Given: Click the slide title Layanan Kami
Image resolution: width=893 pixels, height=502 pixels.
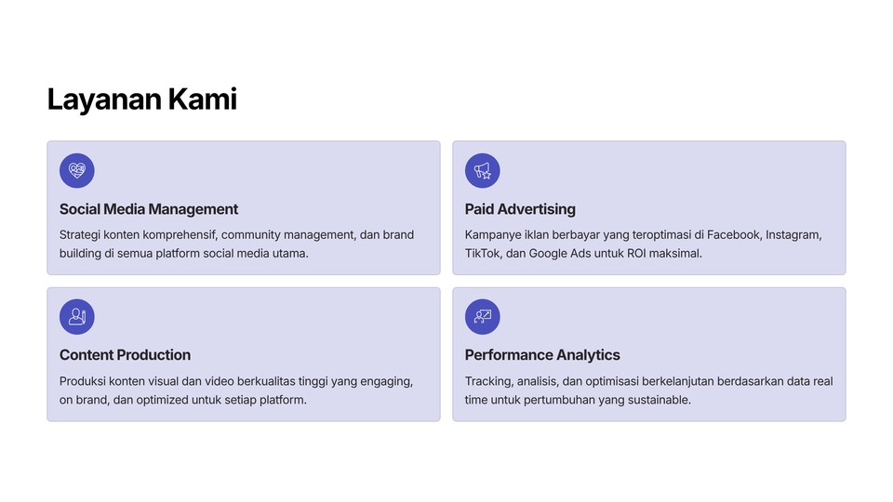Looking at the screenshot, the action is point(141,99).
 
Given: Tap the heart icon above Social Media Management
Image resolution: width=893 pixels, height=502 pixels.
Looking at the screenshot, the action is point(77,170).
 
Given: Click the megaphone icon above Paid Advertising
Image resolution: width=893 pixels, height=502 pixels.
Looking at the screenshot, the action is point(483,170).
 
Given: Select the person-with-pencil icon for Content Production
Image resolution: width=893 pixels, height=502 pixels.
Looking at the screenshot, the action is point(77,316).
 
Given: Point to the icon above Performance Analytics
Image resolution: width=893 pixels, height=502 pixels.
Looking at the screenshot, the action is point(483,316).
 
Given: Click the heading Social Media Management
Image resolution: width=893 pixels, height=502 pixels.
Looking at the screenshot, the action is point(149,209).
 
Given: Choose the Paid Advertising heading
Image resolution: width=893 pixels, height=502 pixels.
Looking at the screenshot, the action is point(520,209).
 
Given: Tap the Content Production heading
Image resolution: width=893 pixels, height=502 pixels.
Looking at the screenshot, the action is point(125,355).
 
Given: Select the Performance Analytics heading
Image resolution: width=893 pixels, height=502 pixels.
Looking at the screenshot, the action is point(542,355).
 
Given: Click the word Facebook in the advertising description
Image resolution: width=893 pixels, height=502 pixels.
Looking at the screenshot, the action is point(733,234).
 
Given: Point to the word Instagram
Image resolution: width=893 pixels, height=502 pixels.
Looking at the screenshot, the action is point(793,235).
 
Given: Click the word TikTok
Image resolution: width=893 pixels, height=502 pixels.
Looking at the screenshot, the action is point(483,253).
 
